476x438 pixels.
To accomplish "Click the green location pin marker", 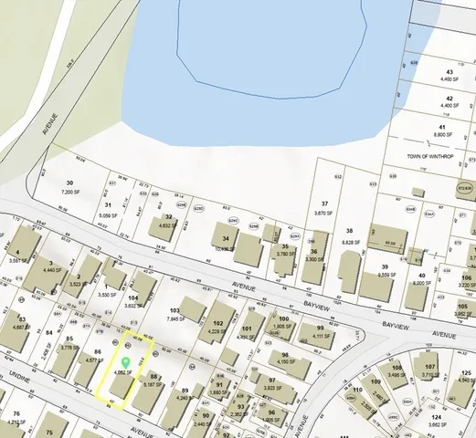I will tap(125, 363).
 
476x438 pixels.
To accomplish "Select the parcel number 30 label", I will tap(69, 183).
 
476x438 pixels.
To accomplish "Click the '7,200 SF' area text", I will tap(72, 193).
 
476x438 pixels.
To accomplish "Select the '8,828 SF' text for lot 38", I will tap(349, 242).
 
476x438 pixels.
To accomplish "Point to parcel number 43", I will tap(449, 71).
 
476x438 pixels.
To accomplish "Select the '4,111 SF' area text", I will tap(320, 336).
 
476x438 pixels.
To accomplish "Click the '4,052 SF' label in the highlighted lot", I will tap(122, 372).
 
